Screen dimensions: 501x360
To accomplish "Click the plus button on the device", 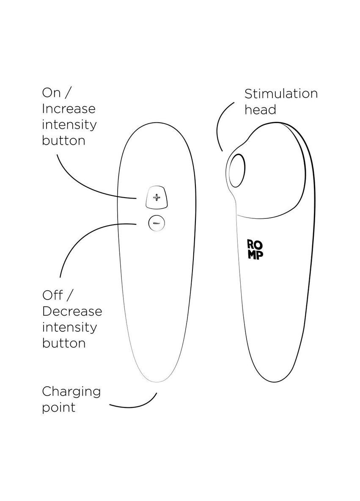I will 157,197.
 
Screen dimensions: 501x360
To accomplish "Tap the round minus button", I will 157,222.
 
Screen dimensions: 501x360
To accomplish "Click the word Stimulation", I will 281,94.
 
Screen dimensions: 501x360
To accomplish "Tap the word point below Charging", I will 58,407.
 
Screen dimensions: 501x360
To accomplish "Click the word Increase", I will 69,109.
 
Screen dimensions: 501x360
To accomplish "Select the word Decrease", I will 72,311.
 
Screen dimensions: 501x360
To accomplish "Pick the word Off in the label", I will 51,295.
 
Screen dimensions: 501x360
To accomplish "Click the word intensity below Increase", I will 69,125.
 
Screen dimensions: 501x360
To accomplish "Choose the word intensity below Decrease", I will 69,327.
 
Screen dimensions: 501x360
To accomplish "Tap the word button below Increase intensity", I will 63,140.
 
